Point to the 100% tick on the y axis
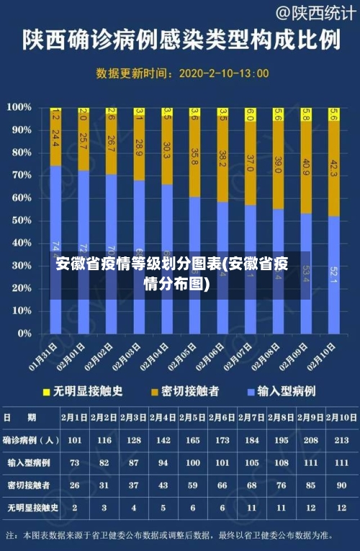(x=19, y=107)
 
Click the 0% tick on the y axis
(x=24, y=333)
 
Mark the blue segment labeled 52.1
(x=333, y=274)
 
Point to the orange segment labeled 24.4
(x=55, y=137)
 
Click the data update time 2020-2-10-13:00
(x=223, y=73)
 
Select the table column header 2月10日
(x=341, y=416)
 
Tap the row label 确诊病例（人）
(x=31, y=439)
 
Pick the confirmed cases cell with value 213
(x=341, y=439)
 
